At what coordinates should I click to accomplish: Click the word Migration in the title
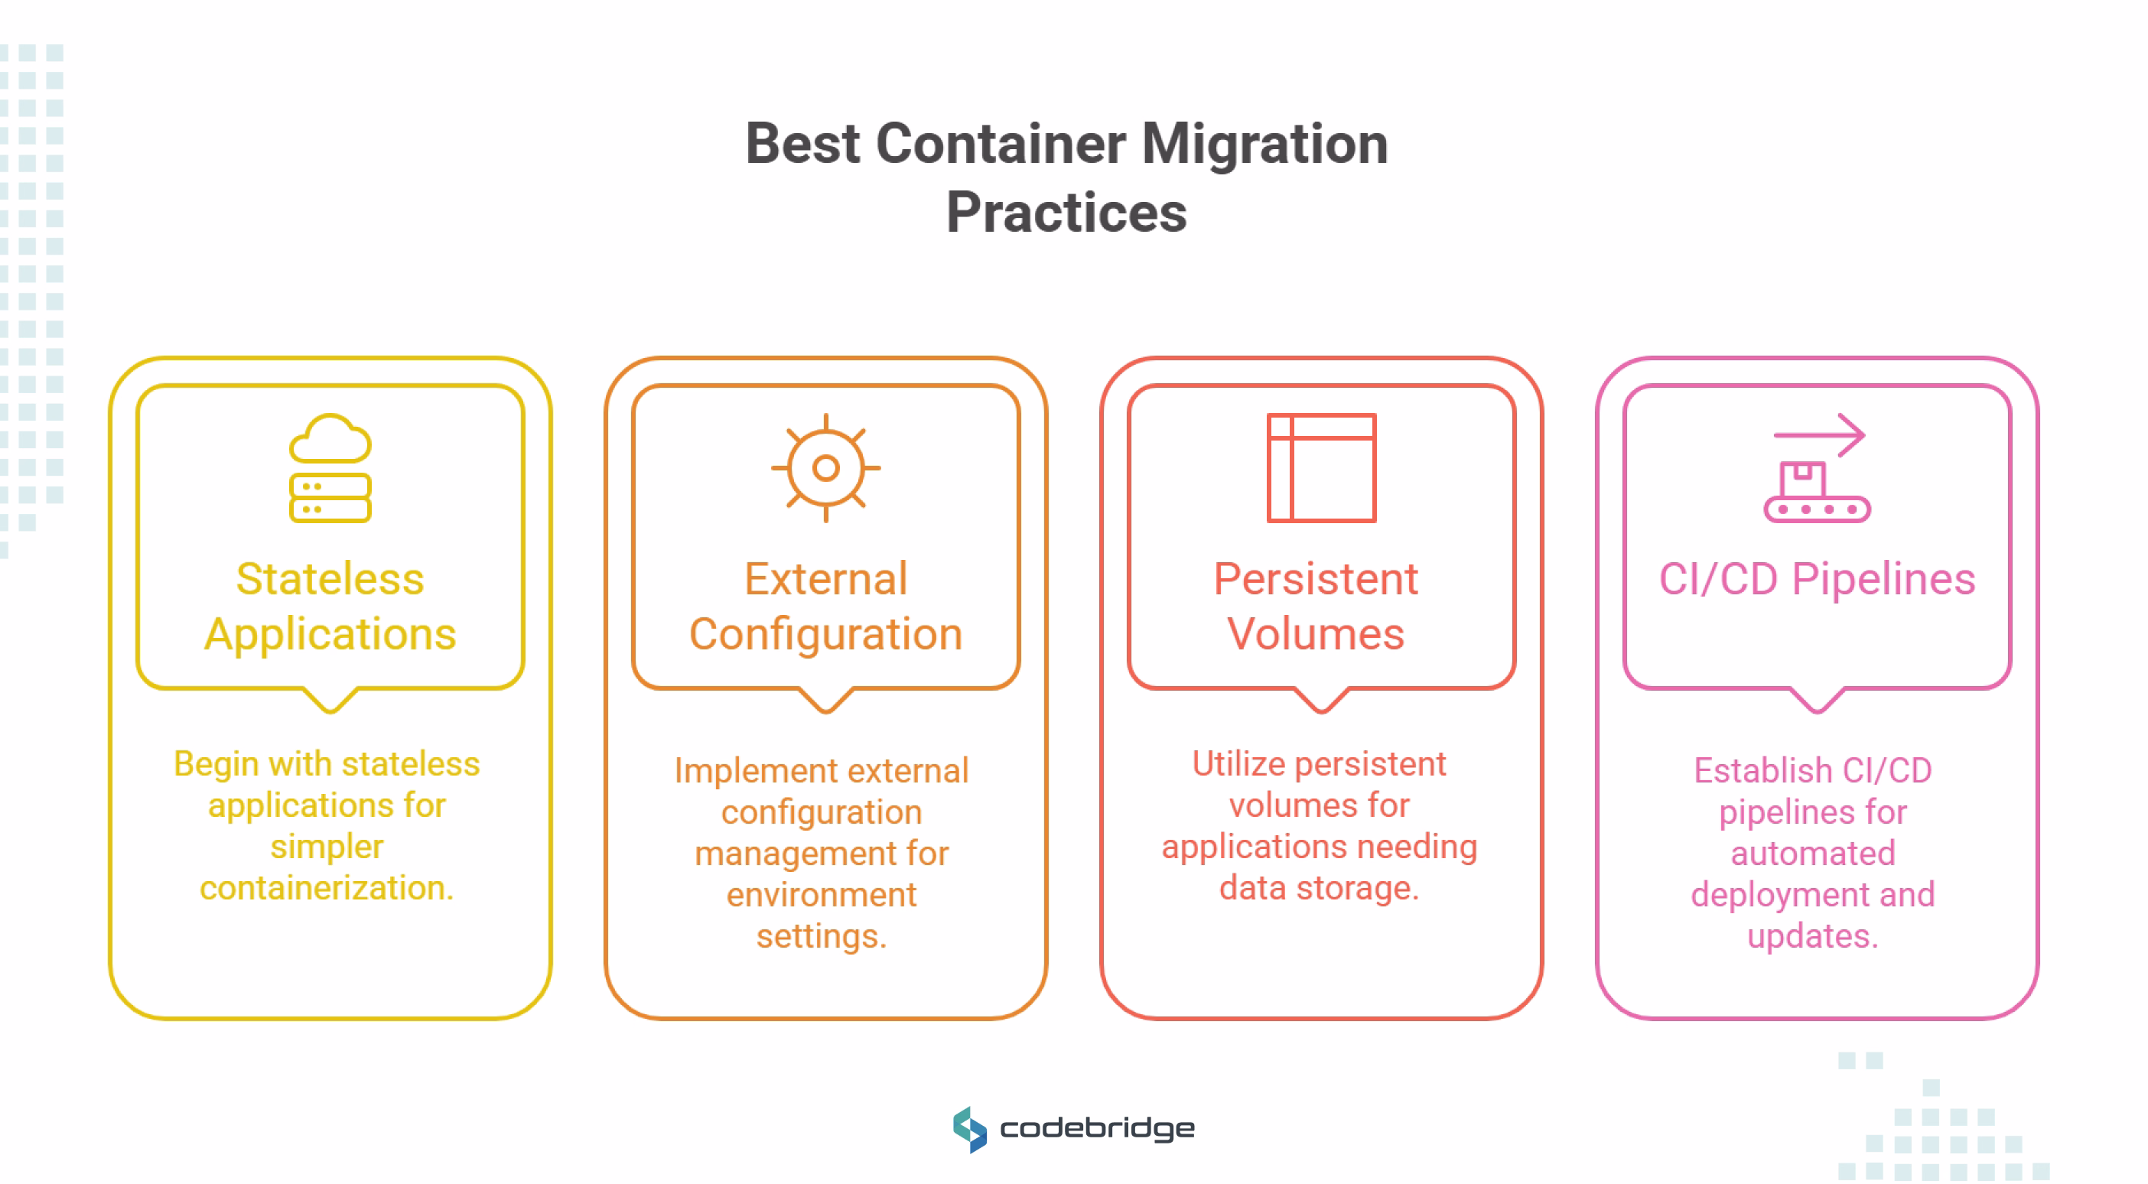click(x=1264, y=145)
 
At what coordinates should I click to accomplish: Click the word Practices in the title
click(x=1066, y=213)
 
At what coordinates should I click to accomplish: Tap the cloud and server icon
click(x=330, y=469)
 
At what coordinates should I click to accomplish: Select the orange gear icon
click(x=825, y=469)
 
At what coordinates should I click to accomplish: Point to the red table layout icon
click(x=1321, y=469)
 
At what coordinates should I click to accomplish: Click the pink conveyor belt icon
click(x=1816, y=492)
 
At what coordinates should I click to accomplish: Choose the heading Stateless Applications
click(x=330, y=607)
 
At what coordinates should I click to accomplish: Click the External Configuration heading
click(x=825, y=607)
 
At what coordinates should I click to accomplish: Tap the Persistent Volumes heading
click(x=1316, y=607)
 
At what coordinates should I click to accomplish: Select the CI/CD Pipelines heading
click(x=1816, y=580)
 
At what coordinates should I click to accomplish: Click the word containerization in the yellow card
click(x=326, y=888)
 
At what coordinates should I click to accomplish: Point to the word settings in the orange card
click(x=821, y=936)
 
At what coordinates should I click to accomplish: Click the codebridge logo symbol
click(x=970, y=1129)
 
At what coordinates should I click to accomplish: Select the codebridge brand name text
click(x=1096, y=1129)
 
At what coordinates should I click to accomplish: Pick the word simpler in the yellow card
click(x=326, y=847)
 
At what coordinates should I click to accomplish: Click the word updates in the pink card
click(x=1812, y=936)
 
